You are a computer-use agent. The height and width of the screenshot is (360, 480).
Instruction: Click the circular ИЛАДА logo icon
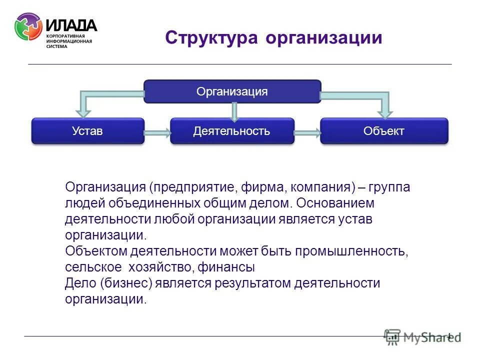coord(28,26)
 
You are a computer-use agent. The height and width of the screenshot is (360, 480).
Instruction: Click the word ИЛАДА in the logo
coord(71,25)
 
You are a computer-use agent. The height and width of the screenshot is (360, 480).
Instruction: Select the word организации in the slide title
coord(324,38)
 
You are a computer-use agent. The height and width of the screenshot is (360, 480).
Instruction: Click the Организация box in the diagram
coord(232,91)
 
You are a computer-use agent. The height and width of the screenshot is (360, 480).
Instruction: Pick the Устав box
coord(87,131)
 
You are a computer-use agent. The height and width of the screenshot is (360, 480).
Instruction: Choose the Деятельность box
coord(231,131)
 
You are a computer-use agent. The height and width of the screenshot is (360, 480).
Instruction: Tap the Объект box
coord(384,131)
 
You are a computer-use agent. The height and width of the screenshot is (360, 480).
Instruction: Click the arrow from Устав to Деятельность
coord(157,132)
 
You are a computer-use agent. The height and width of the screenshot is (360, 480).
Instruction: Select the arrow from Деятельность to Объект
coord(307,132)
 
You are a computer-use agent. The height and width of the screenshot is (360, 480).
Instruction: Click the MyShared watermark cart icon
coord(392,337)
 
